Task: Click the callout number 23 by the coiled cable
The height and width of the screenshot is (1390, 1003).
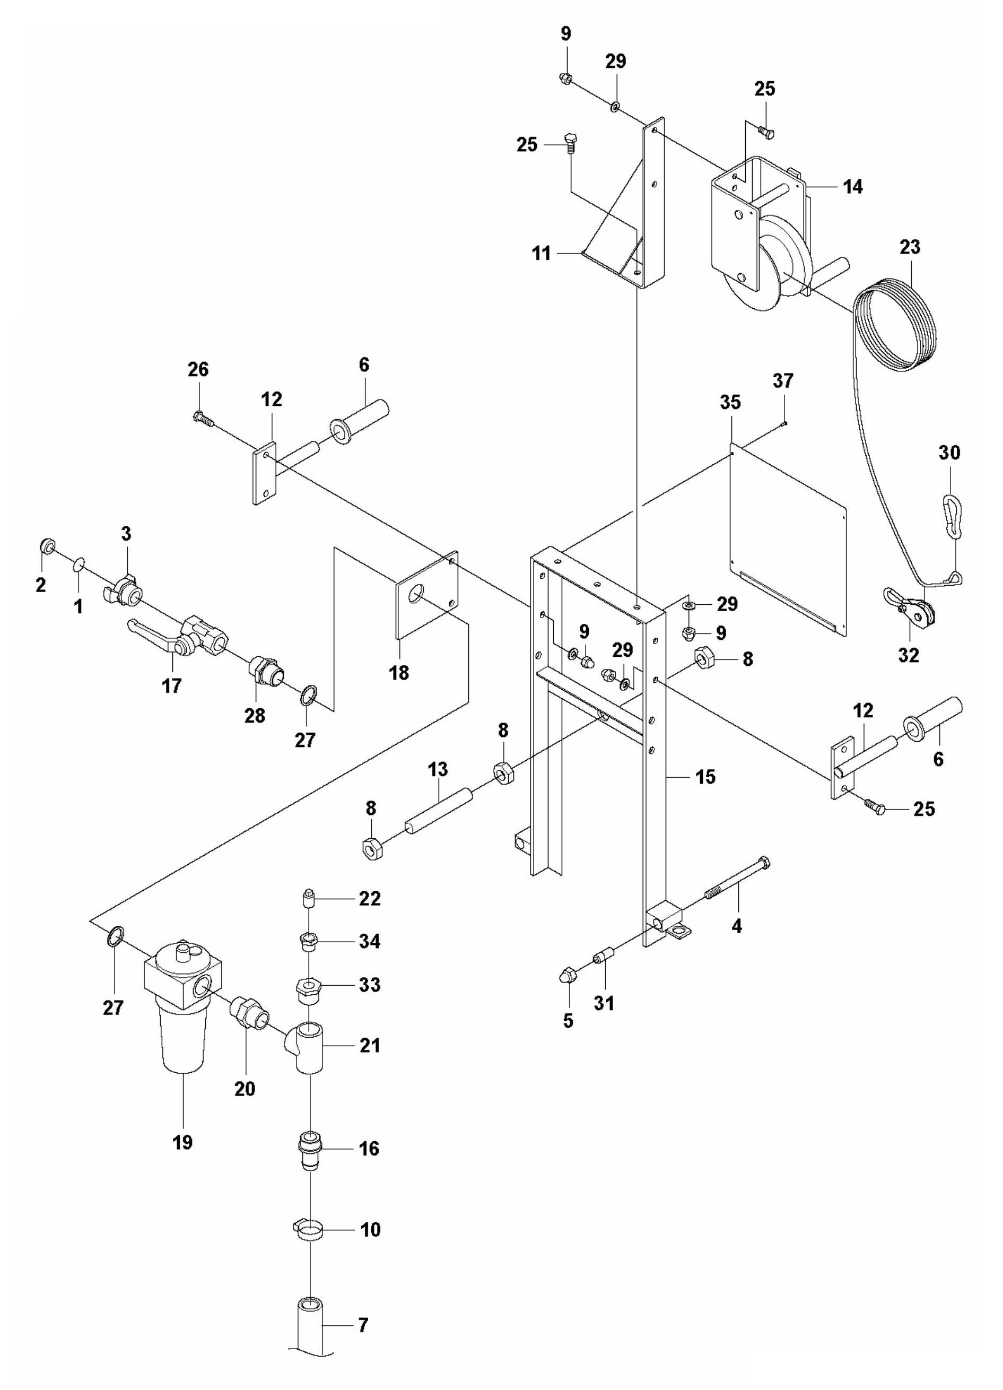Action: point(910,248)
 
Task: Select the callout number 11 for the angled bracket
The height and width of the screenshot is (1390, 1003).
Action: point(541,253)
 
